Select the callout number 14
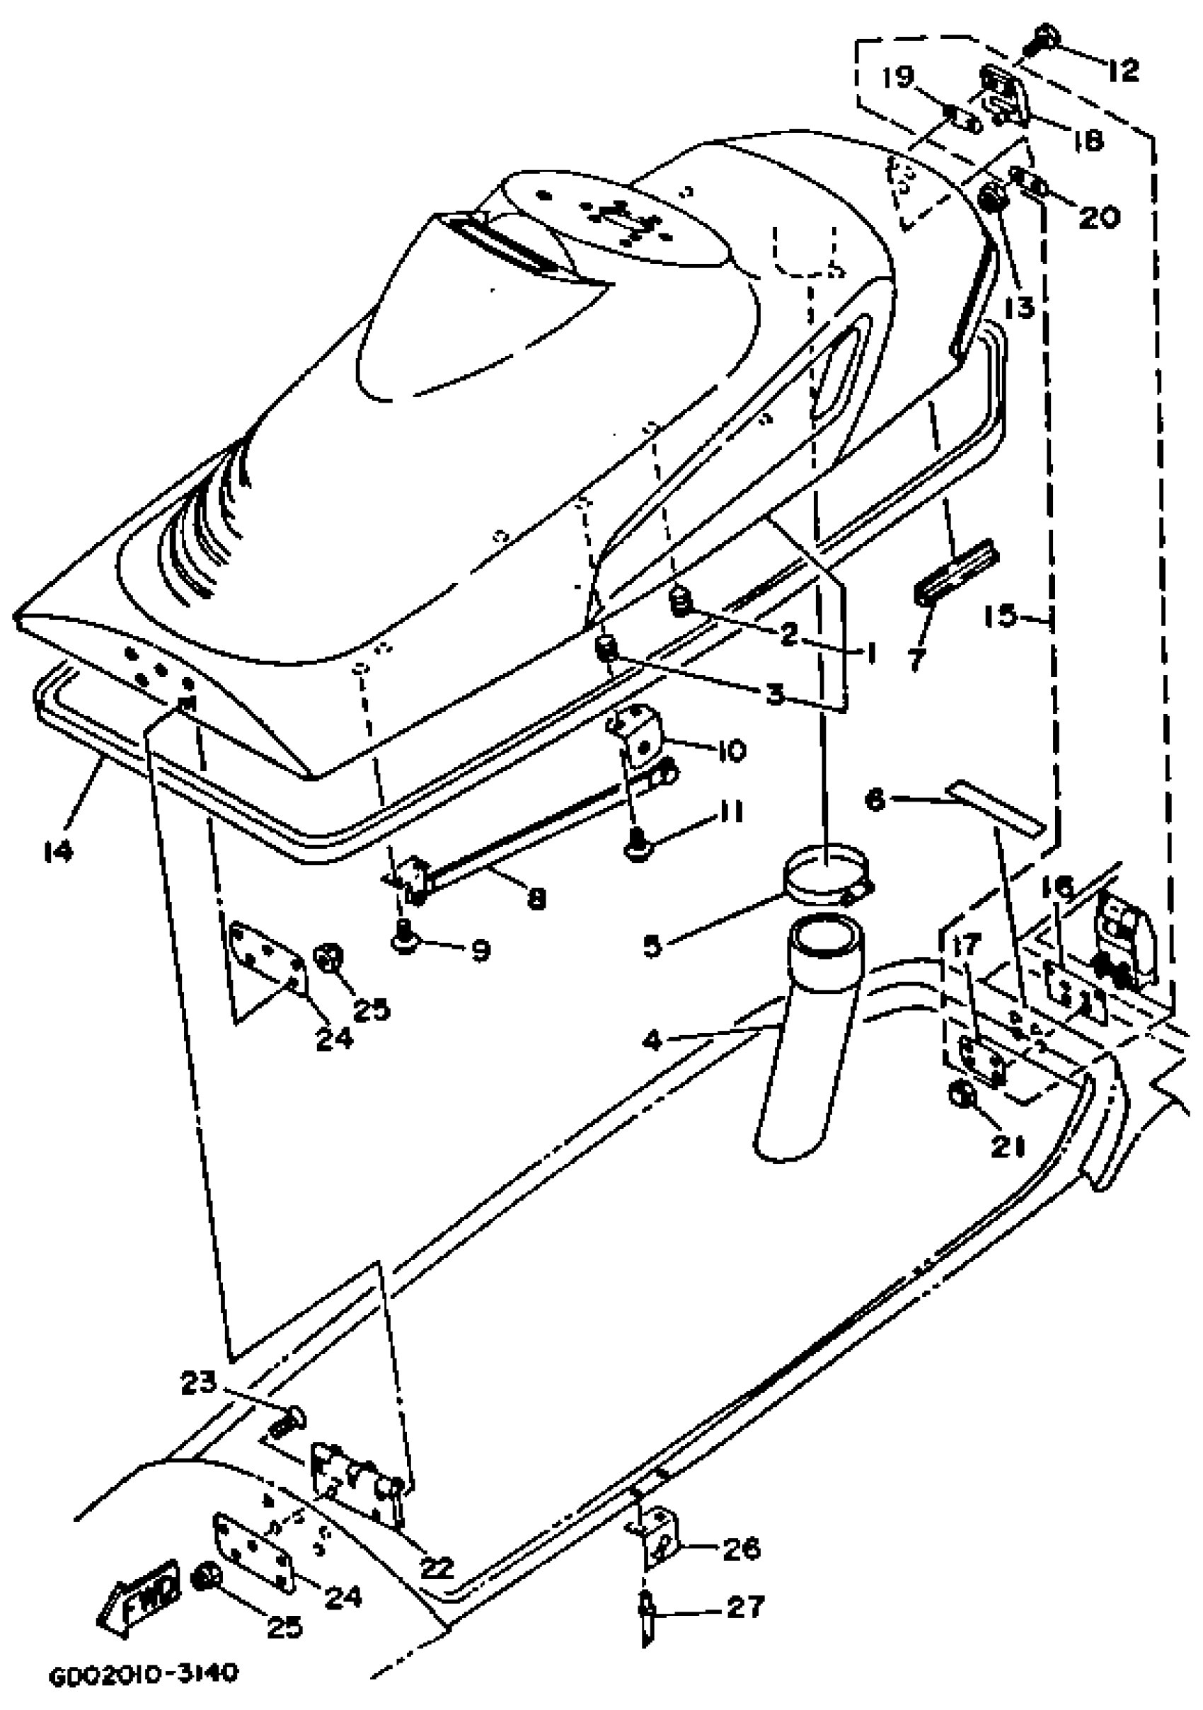point(58,849)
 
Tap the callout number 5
point(652,946)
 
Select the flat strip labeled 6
point(994,807)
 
